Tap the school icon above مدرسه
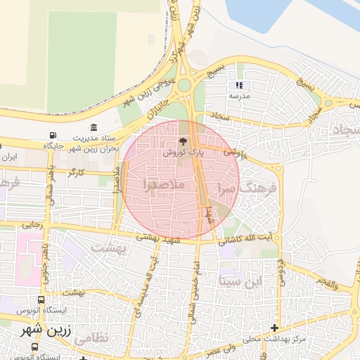[238, 85]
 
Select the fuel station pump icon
[53, 136]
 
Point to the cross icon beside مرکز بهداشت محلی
[274, 328]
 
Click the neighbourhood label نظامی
[92, 337]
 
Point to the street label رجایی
[32, 226]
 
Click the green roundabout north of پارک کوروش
[184, 86]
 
